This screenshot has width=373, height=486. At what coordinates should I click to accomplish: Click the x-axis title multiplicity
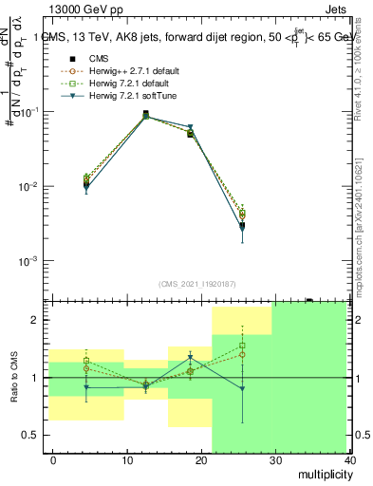[322, 473]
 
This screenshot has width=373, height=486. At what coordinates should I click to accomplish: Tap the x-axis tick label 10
[126, 459]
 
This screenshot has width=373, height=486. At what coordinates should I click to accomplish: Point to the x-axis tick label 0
[53, 459]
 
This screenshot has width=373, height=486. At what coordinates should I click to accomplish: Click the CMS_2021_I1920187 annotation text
[196, 284]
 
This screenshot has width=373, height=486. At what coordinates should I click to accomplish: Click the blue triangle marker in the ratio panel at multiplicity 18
[190, 358]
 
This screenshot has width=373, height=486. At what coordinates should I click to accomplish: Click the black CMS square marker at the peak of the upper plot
[146, 114]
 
